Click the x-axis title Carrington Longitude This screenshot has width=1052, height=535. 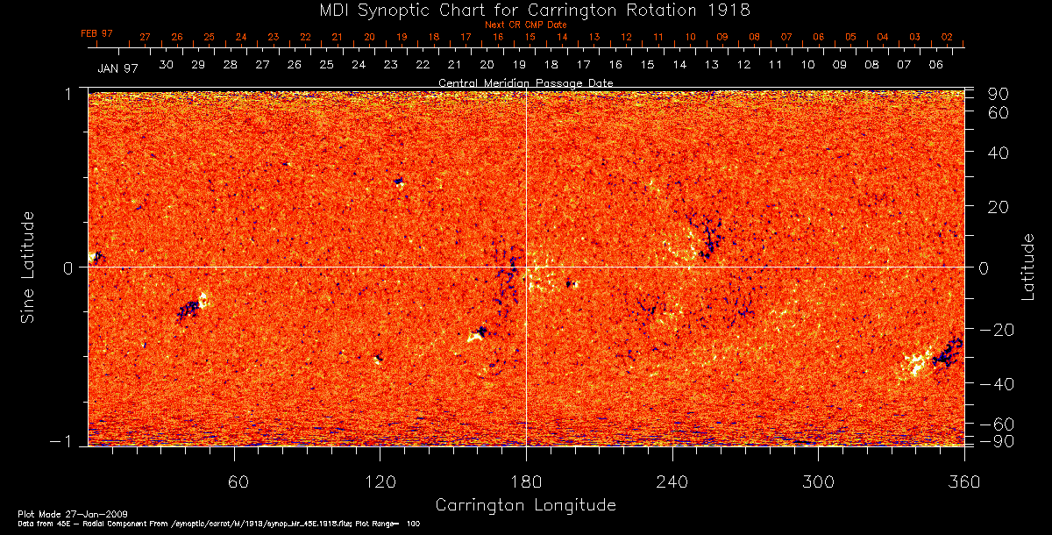[x=525, y=505]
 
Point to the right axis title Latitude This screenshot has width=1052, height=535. [x=1027, y=267]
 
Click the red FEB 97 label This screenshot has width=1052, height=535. [x=96, y=33]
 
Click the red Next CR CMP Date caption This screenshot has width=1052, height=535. [x=525, y=25]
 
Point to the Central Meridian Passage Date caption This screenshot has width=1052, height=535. [x=525, y=82]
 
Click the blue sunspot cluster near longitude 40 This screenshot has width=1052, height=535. [x=188, y=309]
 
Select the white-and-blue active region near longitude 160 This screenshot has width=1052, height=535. [x=479, y=333]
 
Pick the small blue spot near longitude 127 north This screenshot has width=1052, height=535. [x=399, y=181]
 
